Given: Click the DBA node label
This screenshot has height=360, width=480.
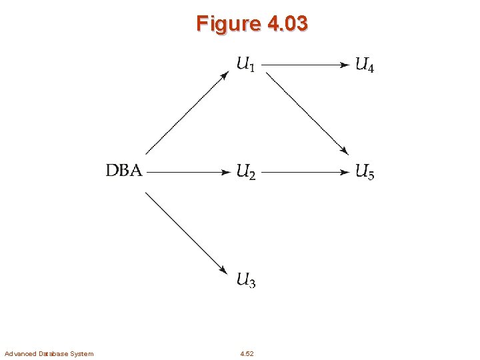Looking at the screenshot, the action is (x=124, y=171).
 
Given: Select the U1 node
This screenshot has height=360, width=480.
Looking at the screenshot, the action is (x=246, y=65).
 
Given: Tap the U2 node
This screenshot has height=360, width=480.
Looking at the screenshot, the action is (x=246, y=172).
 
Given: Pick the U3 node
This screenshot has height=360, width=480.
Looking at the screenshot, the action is (x=246, y=280).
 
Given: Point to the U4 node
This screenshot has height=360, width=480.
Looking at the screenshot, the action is (x=365, y=65).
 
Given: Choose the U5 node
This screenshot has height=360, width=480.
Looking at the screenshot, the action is (x=365, y=172).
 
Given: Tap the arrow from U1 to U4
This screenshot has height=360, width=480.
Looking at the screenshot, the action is (x=305, y=65).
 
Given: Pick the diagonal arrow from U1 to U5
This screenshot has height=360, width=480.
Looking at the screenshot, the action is (x=307, y=113).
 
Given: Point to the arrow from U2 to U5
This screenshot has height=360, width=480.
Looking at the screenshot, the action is (x=305, y=172).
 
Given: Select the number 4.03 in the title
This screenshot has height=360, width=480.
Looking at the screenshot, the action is (x=287, y=24).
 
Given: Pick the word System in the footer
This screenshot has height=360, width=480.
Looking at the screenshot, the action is (x=81, y=353).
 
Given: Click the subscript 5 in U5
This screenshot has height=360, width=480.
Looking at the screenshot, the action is (x=371, y=176).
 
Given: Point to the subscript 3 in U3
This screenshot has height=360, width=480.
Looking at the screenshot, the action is (x=252, y=284).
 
